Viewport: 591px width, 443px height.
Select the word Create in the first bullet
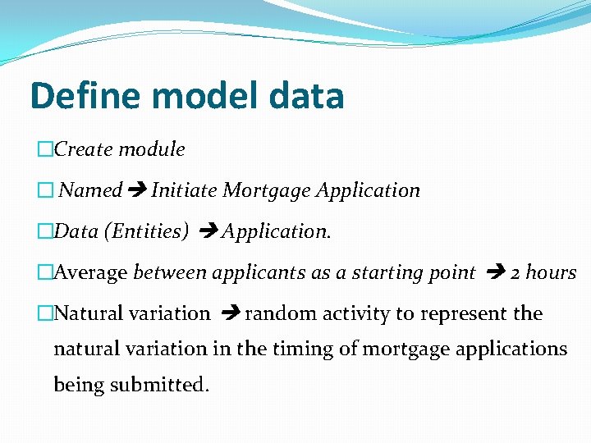[x=84, y=149]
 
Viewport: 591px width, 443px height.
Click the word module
[x=152, y=149]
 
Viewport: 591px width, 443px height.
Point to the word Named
[x=91, y=190]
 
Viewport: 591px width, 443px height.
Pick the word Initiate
[x=184, y=190]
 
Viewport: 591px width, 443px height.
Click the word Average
[x=90, y=272]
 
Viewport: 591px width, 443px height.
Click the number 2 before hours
[x=515, y=272]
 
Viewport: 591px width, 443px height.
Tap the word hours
[x=552, y=272]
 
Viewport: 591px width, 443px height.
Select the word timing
[x=300, y=349]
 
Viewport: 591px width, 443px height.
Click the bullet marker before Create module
[x=45, y=150]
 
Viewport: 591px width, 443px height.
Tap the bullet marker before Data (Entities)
[x=45, y=232]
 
